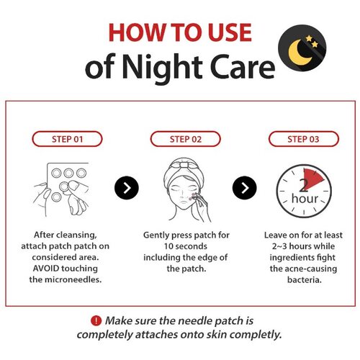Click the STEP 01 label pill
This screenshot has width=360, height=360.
(x=67, y=139)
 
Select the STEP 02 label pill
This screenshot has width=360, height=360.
(x=185, y=139)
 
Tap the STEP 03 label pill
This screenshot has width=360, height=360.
(x=304, y=139)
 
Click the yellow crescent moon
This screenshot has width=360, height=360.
(x=298, y=53)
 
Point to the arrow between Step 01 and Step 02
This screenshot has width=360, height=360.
(x=127, y=188)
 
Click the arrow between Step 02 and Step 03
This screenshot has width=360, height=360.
(x=244, y=188)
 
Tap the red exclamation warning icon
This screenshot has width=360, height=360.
(x=96, y=320)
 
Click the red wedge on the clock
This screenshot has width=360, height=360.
(x=312, y=179)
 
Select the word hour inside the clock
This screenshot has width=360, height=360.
(x=305, y=199)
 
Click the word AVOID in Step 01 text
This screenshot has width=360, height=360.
(x=45, y=269)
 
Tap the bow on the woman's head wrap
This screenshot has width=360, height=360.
(x=184, y=164)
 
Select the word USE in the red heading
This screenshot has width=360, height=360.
(x=230, y=32)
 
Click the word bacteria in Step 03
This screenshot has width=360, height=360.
(x=305, y=280)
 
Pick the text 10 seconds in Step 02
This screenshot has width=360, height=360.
(x=186, y=246)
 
